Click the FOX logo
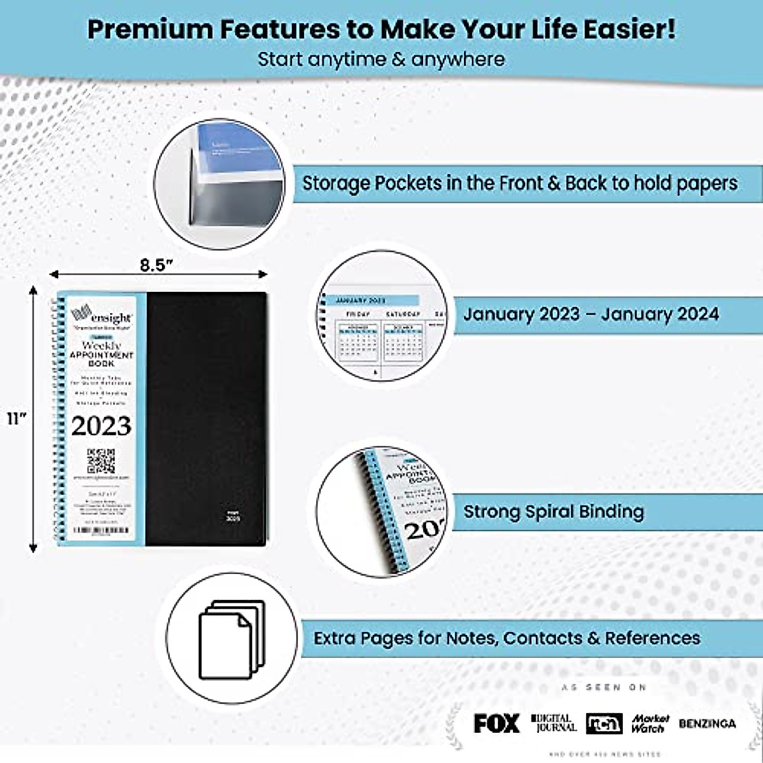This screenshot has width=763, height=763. pyautogui.click(x=496, y=724)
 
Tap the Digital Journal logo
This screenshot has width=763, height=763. pyautogui.click(x=553, y=723)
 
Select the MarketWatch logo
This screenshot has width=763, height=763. pyautogui.click(x=650, y=724)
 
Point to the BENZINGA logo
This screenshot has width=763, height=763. pyautogui.click(x=707, y=724)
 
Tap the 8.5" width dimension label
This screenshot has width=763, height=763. pyautogui.click(x=157, y=265)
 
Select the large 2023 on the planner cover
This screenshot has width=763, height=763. pyautogui.click(x=101, y=426)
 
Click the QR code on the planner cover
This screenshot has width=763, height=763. pyautogui.click(x=101, y=461)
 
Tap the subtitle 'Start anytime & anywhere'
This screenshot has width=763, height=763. pyautogui.click(x=381, y=60)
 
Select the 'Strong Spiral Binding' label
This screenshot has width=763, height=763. pyautogui.click(x=553, y=512)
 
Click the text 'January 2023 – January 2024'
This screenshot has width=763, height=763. pyautogui.click(x=591, y=314)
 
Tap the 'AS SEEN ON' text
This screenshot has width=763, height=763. pyautogui.click(x=603, y=687)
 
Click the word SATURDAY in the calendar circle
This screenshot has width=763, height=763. pyautogui.click(x=403, y=315)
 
